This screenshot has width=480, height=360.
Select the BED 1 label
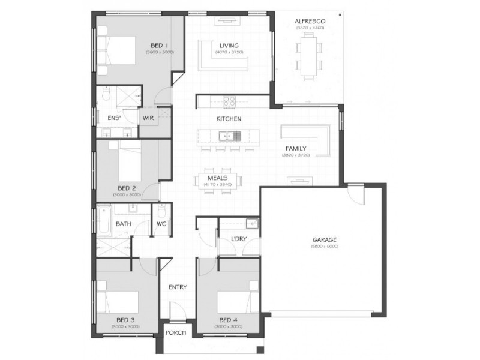[159, 46]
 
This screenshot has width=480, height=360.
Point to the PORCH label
[176, 333]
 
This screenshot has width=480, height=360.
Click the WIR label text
[148, 118]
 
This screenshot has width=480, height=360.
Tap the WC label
[161, 224]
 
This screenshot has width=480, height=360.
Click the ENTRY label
[178, 287]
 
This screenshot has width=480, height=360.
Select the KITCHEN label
[229, 119]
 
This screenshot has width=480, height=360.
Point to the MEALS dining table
[220, 180]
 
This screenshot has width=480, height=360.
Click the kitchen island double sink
[229, 136]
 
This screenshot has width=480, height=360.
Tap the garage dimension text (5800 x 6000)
[324, 246]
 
